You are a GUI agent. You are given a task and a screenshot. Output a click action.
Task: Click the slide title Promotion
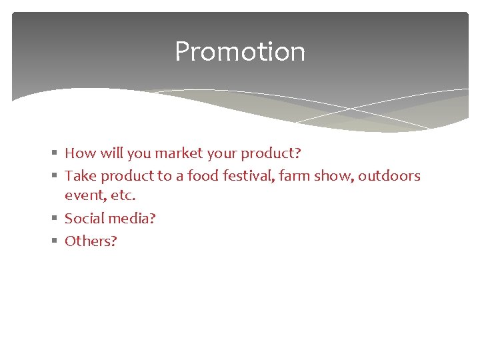pyautogui.click(x=240, y=52)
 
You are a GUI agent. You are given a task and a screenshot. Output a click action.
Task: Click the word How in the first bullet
pyautogui.click(x=80, y=153)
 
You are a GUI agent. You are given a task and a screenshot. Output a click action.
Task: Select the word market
pyautogui.click(x=179, y=153)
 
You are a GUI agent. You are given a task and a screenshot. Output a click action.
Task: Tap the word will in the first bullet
pyautogui.click(x=111, y=153)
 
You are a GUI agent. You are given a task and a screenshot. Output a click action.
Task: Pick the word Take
pyautogui.click(x=81, y=176)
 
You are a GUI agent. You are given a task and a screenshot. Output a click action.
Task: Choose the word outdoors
pyautogui.click(x=389, y=176)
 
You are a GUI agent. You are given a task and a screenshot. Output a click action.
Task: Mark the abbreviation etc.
pyautogui.click(x=121, y=196)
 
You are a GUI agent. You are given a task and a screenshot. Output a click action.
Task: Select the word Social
pyautogui.click(x=83, y=219)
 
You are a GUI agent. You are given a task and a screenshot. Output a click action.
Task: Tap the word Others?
pyautogui.click(x=91, y=241)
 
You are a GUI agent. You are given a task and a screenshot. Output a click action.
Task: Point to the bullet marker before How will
pyautogui.click(x=54, y=154)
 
